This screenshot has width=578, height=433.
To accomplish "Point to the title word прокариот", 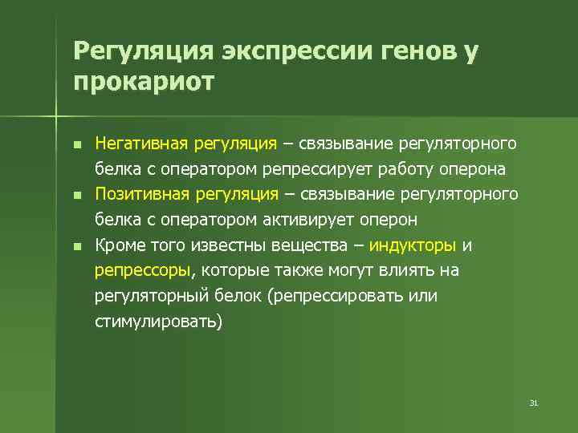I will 144,81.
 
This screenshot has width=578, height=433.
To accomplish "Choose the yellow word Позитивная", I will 140,194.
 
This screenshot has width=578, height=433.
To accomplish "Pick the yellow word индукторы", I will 412,245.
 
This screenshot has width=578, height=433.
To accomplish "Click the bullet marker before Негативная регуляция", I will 76,145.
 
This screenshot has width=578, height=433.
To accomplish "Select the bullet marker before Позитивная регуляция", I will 76,196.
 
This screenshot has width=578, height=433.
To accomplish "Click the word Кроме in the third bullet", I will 117,245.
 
